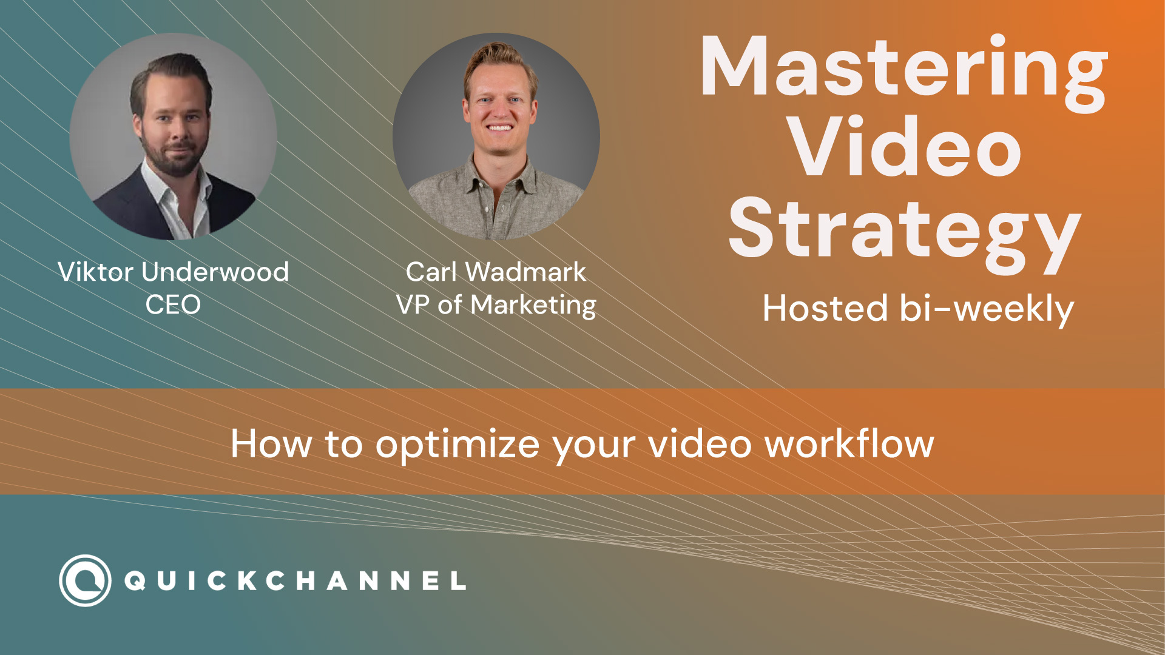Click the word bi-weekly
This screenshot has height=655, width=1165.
[x=987, y=310]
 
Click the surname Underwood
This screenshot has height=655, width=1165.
[x=215, y=272]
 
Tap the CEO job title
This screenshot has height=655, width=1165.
[x=173, y=304]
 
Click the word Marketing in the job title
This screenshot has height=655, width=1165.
[x=533, y=306]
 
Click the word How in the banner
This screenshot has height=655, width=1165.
[x=272, y=444]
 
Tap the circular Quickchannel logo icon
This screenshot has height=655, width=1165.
[x=85, y=580]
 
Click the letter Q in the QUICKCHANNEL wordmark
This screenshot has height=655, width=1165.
[x=135, y=581]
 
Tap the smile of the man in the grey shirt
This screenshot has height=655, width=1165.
[x=499, y=128]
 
